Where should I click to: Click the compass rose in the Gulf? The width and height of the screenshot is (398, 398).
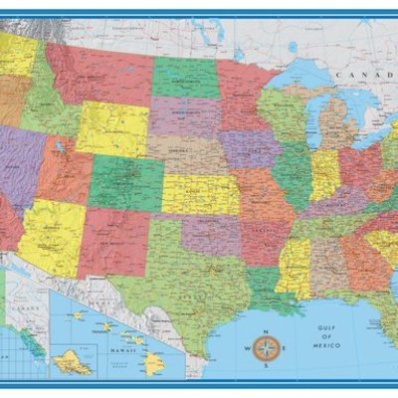(265, 348)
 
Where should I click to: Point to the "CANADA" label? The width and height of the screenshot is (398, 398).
(355, 76)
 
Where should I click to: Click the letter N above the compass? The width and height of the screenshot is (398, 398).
(265, 331)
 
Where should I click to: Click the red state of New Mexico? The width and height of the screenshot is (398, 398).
(112, 239)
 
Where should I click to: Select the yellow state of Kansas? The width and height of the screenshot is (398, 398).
(199, 194)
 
